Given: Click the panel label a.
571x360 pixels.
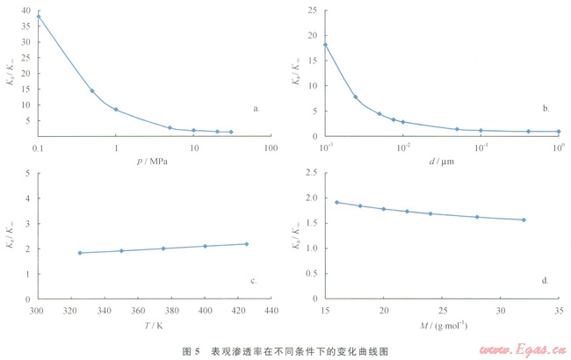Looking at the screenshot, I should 257,109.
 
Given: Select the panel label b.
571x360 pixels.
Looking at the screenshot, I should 546,109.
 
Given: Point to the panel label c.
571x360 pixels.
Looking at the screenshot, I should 253,281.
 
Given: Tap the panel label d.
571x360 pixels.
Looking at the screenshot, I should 546,281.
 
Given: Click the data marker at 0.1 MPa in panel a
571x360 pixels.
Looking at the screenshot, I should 38,16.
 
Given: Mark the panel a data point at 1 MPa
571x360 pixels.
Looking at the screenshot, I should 116,110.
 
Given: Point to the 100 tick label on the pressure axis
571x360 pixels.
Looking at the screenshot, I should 271,147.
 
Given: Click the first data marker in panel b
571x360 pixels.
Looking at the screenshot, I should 325,45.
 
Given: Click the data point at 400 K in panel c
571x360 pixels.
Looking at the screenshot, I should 205,246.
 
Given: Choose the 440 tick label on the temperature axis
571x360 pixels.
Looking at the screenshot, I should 271,310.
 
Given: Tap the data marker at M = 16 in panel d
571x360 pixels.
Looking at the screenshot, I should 336,202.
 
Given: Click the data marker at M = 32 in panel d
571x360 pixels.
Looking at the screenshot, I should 524,220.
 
